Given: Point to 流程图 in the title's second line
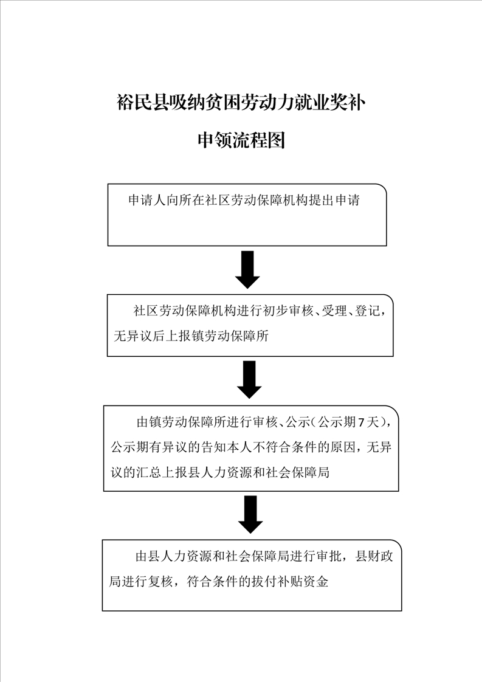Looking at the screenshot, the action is click(x=259, y=140).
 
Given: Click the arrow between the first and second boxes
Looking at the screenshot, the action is click(x=247, y=270).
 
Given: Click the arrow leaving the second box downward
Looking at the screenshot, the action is click(x=249, y=380).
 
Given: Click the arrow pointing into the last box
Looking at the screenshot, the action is click(x=250, y=515).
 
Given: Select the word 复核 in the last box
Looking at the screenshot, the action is click(x=160, y=581).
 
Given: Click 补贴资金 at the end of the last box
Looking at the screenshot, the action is click(x=303, y=581).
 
